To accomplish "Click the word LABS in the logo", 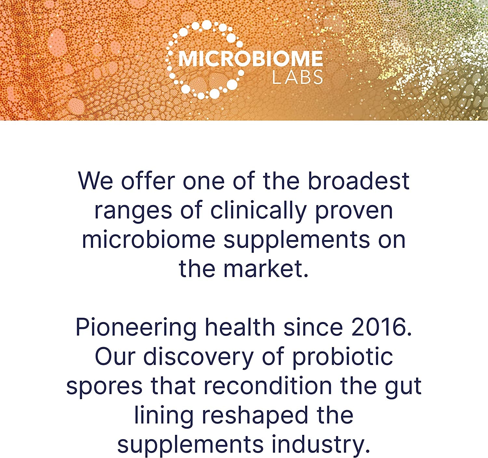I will point(297,77).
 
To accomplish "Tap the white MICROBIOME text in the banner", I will point(251,59).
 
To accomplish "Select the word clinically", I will point(258,210).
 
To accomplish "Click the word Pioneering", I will point(136,328).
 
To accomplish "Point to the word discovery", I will point(198,357).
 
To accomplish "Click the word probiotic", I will point(343,357).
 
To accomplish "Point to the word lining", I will point(164,416).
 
